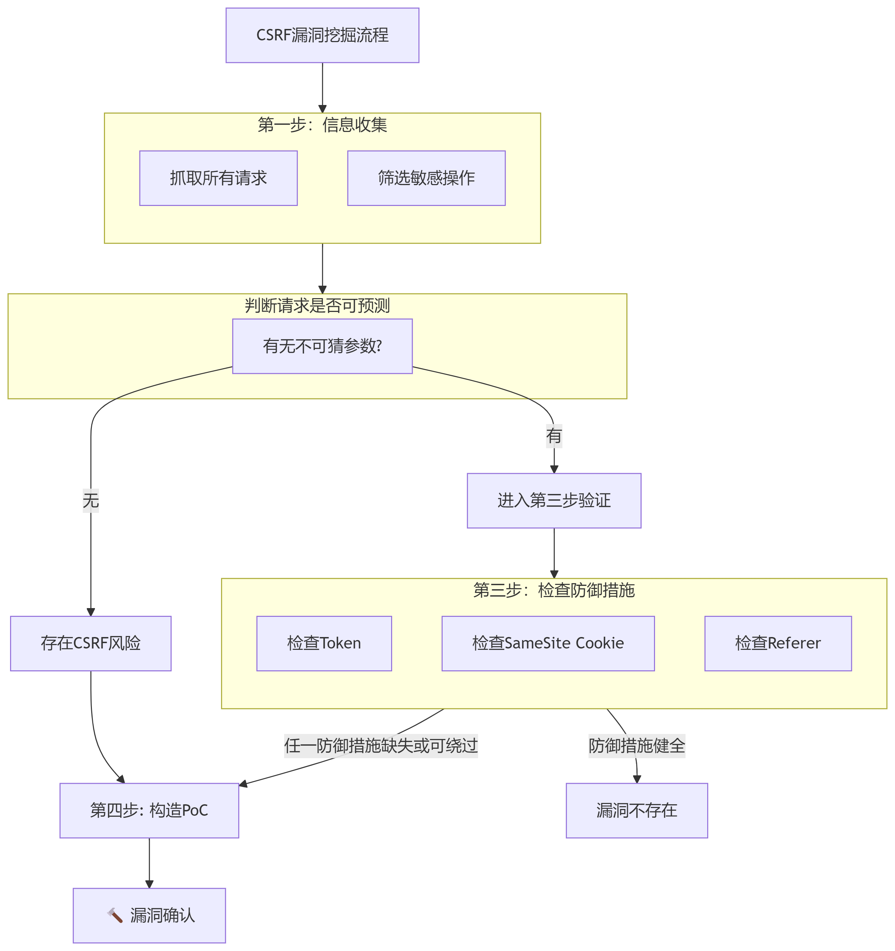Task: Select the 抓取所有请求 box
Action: coord(218,178)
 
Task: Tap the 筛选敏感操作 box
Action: coord(426,178)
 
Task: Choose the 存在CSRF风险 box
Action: coord(91,643)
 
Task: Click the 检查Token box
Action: coord(324,643)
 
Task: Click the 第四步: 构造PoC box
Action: coord(149,810)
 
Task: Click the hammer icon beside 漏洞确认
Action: coord(115,915)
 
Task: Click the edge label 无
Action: coord(91,500)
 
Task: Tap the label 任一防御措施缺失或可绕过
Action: coord(381,745)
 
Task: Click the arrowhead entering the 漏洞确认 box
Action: coord(149,884)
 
